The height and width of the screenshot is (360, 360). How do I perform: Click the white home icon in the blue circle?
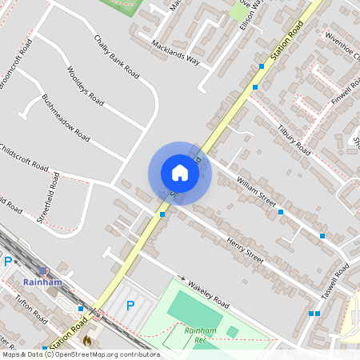(x=180, y=173)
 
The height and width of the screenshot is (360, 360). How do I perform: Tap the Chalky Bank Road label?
(x=117, y=57)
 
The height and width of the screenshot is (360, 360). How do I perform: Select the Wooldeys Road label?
(x=86, y=86)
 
